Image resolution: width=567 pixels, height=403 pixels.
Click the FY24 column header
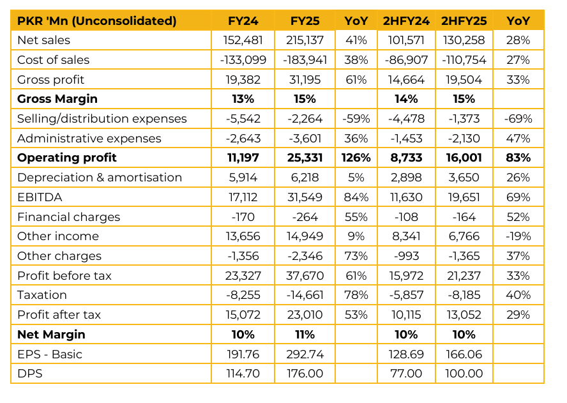tap(243, 21)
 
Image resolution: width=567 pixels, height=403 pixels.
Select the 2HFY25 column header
tap(464, 21)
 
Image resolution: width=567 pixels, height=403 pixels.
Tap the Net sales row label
tap(44, 40)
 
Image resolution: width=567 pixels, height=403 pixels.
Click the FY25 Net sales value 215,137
tap(305, 40)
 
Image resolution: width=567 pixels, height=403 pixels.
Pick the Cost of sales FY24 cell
tap(243, 60)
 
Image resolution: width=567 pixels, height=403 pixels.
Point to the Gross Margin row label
tap(57, 99)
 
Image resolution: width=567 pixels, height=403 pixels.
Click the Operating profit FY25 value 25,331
tap(305, 158)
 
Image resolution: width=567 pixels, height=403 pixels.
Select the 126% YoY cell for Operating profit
tap(356, 158)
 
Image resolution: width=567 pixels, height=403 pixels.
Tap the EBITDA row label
tap(40, 197)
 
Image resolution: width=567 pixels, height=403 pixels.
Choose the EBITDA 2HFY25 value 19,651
tap(464, 197)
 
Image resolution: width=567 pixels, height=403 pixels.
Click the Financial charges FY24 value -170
tap(243, 217)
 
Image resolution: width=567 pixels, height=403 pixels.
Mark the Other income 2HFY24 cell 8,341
tap(406, 236)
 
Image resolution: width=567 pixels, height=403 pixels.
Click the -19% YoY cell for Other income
tap(518, 236)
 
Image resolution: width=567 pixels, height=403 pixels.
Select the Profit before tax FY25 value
tap(305, 276)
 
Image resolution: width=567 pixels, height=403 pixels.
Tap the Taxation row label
tap(42, 295)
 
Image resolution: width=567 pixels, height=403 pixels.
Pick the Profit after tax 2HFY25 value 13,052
tap(464, 315)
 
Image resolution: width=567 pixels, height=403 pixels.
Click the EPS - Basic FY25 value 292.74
tap(305, 354)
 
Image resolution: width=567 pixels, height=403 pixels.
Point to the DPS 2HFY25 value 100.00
tap(464, 374)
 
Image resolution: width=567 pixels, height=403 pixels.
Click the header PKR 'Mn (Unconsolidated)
tap(97, 21)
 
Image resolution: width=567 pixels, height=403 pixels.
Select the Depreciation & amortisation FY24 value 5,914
tap(243, 178)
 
